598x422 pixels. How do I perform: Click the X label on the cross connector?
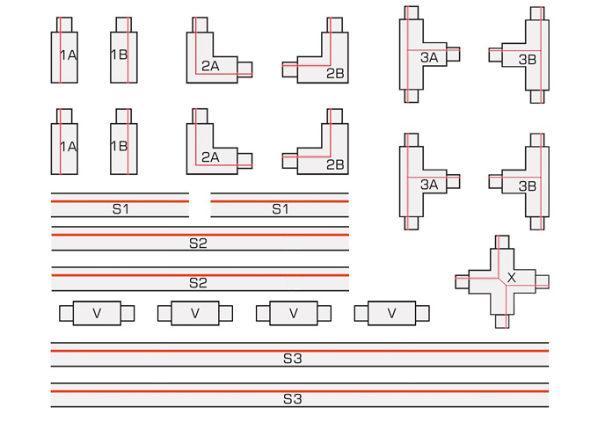click(512, 277)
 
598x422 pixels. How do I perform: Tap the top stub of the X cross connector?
click(502, 242)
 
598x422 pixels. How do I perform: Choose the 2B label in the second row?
click(335, 164)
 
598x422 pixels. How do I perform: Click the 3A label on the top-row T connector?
click(429, 57)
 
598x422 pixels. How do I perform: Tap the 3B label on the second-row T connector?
click(528, 186)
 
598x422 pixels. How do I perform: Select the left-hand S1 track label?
click(120, 209)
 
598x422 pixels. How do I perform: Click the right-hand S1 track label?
click(280, 209)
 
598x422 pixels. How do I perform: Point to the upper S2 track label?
click(198, 243)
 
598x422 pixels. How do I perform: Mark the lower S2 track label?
click(198, 283)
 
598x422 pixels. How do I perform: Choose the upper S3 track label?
click(293, 359)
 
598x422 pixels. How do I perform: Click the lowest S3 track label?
click(293, 399)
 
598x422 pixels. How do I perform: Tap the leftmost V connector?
click(97, 314)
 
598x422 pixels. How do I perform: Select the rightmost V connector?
click(392, 314)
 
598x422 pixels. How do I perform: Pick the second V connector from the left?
click(195, 314)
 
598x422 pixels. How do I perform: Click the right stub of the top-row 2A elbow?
click(245, 69)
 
